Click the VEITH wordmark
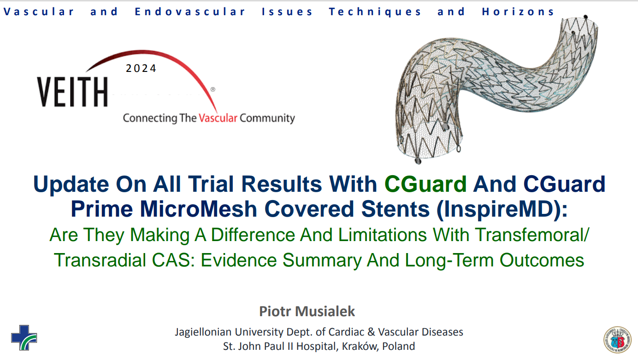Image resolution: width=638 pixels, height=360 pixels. [72, 92]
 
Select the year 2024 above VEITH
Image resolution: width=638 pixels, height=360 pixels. [141, 68]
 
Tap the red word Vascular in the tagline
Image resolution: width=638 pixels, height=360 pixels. [218, 118]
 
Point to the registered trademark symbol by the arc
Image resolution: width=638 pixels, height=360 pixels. [213, 89]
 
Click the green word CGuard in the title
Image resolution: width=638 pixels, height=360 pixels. [425, 184]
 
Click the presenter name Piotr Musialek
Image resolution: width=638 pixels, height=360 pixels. [307, 311]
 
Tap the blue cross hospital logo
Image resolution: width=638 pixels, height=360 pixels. [24, 338]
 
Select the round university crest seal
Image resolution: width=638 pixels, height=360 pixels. [618, 340]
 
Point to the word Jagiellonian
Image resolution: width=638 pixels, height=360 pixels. [203, 332]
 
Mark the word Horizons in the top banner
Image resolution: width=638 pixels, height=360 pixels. [518, 12]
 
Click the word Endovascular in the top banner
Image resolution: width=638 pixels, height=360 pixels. [189, 12]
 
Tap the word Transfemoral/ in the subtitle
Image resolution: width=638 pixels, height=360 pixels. [532, 235]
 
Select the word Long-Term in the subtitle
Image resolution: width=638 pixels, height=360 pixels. [450, 260]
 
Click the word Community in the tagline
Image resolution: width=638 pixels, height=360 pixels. [267, 118]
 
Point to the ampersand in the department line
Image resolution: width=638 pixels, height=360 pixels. [371, 332]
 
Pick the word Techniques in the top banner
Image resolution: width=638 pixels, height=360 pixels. [375, 12]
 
